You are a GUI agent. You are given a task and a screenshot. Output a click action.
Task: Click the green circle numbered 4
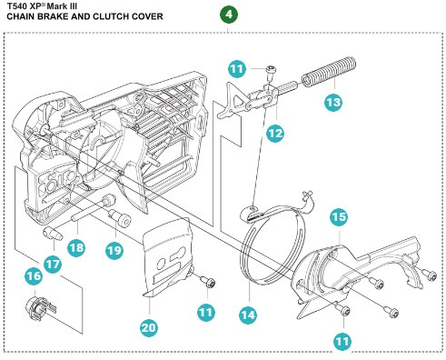(229, 15)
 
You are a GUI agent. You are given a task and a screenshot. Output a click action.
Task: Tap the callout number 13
(333, 102)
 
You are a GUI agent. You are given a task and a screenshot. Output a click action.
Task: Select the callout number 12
(275, 133)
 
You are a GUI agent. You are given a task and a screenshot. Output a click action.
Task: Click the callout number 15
(339, 216)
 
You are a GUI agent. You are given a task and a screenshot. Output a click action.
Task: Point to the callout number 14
(248, 315)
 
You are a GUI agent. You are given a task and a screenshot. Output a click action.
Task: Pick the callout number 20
(149, 327)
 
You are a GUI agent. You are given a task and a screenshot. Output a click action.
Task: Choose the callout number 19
(114, 250)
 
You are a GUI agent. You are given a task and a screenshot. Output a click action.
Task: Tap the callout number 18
(76, 247)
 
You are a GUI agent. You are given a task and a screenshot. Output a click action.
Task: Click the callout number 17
(53, 264)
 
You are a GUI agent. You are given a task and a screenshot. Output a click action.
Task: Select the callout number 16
(34, 275)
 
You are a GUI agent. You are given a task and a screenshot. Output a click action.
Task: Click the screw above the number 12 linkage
(269, 73)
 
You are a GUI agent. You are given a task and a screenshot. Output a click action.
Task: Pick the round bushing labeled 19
(120, 217)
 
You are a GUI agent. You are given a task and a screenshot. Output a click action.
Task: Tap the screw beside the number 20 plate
(209, 283)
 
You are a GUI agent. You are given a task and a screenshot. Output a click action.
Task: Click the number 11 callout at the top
(237, 69)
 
